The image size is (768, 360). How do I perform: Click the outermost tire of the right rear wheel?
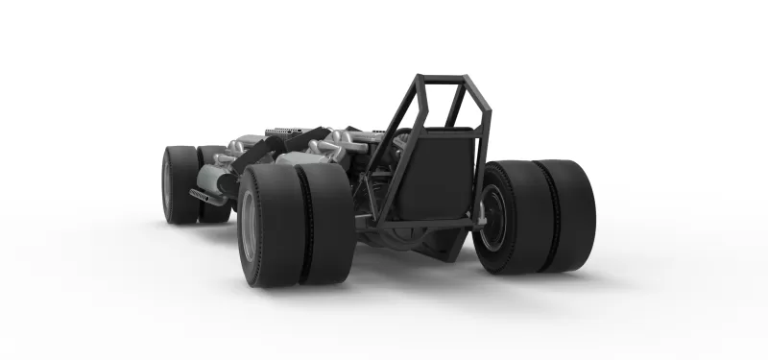[572, 216]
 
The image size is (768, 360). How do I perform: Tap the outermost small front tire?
[179, 184]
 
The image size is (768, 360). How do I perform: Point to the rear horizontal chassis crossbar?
[422, 224]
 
